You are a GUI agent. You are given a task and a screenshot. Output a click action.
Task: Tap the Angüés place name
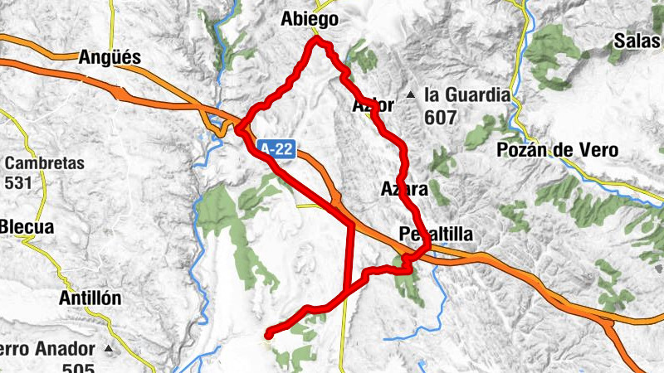pos(110,57)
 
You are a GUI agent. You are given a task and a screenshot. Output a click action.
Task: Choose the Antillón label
pos(90,298)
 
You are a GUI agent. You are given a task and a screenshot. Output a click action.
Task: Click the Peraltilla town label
pos(436,235)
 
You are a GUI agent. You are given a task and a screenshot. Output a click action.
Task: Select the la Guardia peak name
pos(466,95)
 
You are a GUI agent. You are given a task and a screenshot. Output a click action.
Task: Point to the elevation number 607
pos(440,117)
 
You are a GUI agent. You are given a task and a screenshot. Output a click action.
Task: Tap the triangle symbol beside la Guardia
pos(411,94)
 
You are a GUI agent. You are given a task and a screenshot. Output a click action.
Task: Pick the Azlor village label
pos(372,106)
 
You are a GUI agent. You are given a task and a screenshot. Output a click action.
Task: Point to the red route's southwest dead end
pos(268,334)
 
